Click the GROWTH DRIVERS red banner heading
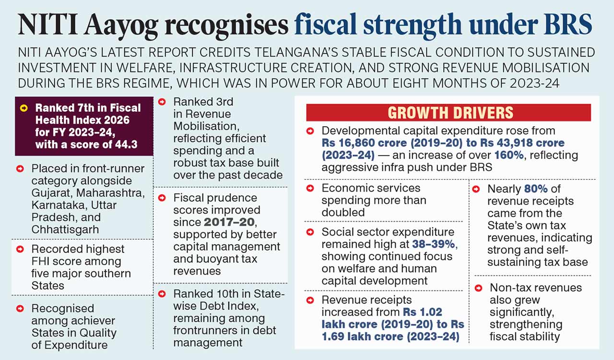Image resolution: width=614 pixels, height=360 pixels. coord(450,113)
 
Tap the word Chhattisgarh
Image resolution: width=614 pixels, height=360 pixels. coord(65,229)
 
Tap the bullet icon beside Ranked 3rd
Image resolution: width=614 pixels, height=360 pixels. coord(162,102)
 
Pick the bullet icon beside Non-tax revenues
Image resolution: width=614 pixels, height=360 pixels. coord(478,288)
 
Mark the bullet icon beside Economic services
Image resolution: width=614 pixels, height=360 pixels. coord(310,188)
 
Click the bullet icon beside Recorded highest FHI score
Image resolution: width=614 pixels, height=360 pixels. coord(20,249)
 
